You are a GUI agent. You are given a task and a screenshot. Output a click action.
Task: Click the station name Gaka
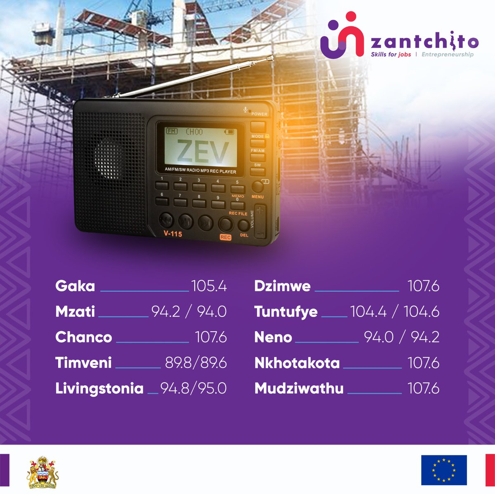coord(75,286)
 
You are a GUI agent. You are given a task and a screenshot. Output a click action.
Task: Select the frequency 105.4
coord(209,286)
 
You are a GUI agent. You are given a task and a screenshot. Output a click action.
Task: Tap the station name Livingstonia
coord(99,389)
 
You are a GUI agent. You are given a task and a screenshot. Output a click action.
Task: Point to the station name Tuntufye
coord(286,312)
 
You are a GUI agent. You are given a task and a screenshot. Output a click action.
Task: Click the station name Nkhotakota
coord(297,363)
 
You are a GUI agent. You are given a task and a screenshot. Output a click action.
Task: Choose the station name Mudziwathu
coord(299,389)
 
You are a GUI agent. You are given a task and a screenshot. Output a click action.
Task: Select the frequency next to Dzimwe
coord(423,286)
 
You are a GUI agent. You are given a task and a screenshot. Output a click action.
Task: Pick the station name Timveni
coord(83,363)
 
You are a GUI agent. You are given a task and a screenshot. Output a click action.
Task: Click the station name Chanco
coord(84,337)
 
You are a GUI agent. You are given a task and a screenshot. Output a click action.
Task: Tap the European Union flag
coord(444,470)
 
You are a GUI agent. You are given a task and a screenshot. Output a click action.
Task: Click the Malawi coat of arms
coord(43,472)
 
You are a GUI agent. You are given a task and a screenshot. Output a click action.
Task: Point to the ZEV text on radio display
coord(203,152)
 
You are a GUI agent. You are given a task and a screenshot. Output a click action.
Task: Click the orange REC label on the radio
coord(226,237)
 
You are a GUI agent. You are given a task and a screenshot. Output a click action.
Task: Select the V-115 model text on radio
coord(172,234)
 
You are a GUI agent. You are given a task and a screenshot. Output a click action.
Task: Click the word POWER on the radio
coord(259,114)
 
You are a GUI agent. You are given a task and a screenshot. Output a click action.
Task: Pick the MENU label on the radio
coord(257,197)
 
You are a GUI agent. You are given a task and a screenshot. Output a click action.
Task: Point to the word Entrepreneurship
coord(448,54)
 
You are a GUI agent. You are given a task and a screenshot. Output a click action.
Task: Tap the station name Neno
coord(273,337)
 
